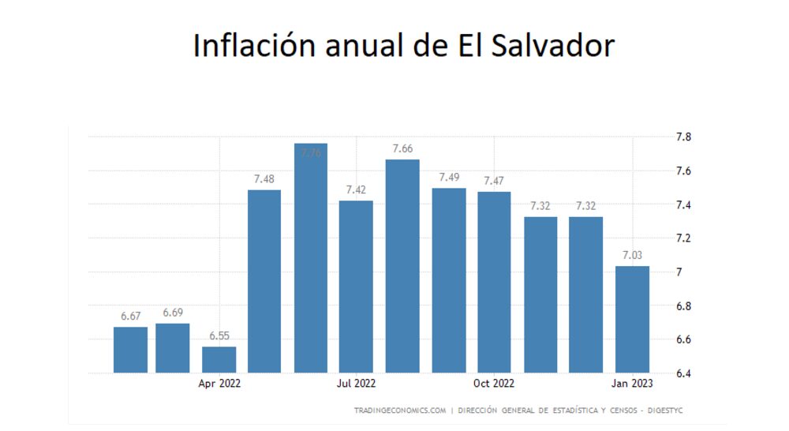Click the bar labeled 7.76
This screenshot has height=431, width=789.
(x=310, y=260)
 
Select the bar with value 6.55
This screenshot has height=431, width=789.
(x=219, y=360)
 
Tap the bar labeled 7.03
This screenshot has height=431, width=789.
(x=632, y=320)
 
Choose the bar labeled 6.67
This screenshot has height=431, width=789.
(x=130, y=350)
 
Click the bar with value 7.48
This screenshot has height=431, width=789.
(x=264, y=281)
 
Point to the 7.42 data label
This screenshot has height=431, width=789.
(x=356, y=190)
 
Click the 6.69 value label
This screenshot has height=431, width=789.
(x=172, y=313)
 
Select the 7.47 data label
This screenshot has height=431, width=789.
(x=494, y=181)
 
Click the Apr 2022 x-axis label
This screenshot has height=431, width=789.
(x=219, y=384)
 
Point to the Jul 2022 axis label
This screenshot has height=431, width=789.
(x=356, y=384)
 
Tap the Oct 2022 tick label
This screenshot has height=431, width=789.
(x=494, y=384)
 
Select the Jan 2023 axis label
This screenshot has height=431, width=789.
(x=632, y=384)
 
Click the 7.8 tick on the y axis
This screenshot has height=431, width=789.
(x=683, y=137)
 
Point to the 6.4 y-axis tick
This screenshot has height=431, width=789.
(x=683, y=373)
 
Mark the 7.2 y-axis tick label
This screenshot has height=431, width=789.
(x=683, y=238)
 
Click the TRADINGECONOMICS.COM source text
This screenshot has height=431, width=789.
(x=400, y=410)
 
